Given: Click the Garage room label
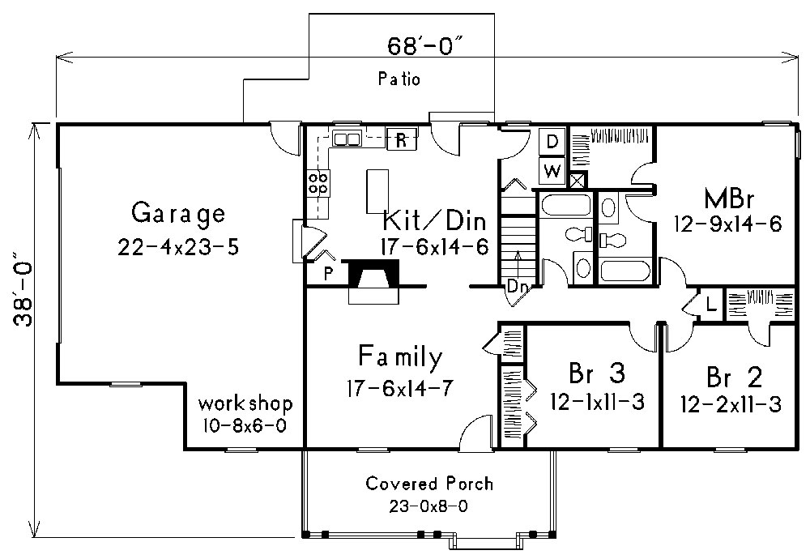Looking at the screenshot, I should (x=177, y=215).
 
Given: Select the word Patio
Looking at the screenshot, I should (x=399, y=79).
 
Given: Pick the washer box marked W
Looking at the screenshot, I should (x=552, y=170).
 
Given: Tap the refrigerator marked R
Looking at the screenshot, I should (x=401, y=139).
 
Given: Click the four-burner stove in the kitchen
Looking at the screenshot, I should (x=318, y=183).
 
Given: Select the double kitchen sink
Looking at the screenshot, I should (x=347, y=139).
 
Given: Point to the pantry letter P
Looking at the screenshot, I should (x=328, y=274).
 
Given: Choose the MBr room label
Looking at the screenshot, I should (x=727, y=198).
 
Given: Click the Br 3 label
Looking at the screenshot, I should (x=596, y=374).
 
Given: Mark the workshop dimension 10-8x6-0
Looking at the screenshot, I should (x=245, y=425).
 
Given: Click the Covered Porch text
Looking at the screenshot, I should (x=428, y=484).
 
